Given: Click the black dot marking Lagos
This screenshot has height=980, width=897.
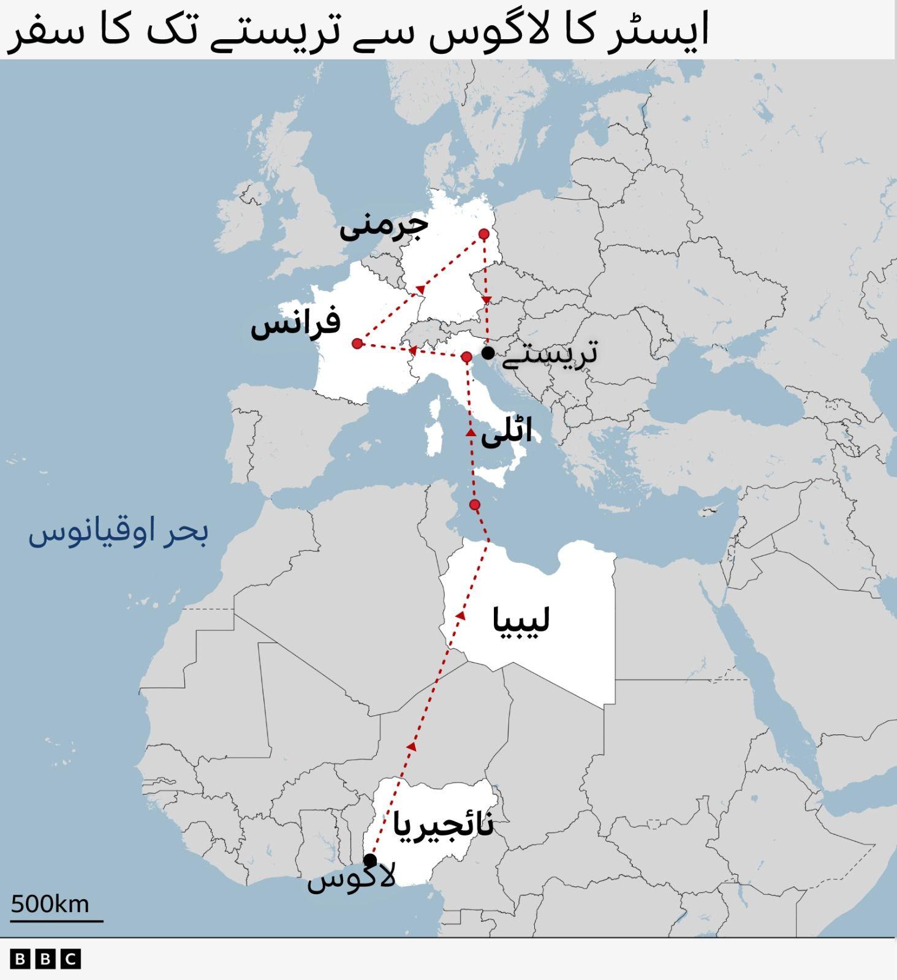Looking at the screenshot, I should [370, 861].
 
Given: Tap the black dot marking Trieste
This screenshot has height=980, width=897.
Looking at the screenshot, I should [488, 353].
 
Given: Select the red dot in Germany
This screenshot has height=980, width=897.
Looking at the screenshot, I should [483, 234].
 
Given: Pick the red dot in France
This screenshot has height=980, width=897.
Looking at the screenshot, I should [357, 344].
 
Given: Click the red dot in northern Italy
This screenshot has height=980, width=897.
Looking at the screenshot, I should [466, 357].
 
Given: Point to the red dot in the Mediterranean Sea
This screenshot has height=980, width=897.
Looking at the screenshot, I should [474, 505].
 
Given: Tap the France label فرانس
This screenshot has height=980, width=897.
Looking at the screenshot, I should [295, 323].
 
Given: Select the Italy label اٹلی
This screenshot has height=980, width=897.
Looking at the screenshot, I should [506, 432].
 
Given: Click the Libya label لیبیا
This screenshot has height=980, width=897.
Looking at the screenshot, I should [521, 620].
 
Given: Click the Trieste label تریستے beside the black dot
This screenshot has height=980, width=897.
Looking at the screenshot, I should [549, 354].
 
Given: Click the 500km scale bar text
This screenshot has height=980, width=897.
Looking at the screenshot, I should [50, 904].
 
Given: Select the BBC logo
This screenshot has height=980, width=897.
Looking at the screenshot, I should [45, 959].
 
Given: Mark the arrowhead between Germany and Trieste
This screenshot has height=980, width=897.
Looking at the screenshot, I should [486, 300].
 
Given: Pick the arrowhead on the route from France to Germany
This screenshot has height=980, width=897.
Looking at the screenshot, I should [420, 289].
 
